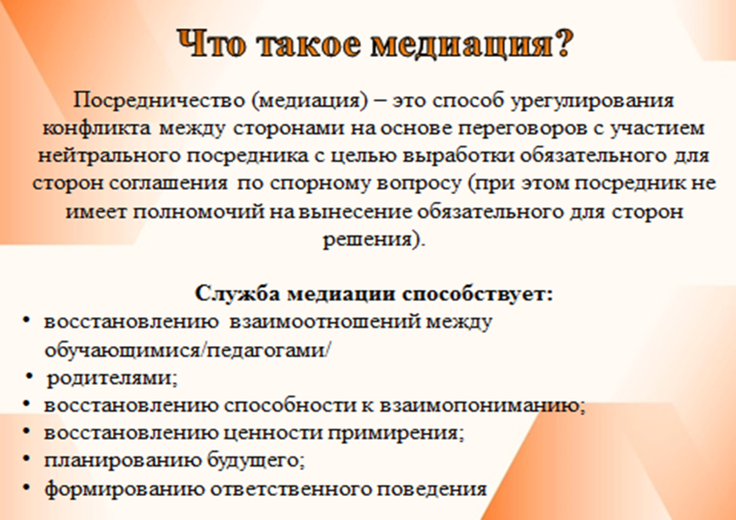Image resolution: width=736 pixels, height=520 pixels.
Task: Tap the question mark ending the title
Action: click(562, 43)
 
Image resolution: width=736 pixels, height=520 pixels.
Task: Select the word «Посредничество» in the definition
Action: click(158, 100)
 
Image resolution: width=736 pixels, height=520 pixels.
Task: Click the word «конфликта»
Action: click(98, 128)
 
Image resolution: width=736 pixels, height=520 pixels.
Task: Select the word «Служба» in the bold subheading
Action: click(237, 295)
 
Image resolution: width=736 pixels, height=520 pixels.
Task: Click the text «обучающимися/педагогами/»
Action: click(188, 351)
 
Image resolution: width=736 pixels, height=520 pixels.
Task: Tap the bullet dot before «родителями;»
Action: click(29, 376)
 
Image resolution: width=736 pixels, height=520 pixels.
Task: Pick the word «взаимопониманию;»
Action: click(482, 406)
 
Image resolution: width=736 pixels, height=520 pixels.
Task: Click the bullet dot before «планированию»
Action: click(27, 457)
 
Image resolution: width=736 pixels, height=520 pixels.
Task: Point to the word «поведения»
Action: click(432, 489)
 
